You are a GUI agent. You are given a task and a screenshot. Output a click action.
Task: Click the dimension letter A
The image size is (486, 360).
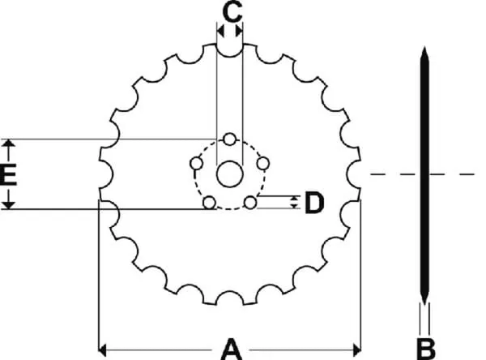point(231,349)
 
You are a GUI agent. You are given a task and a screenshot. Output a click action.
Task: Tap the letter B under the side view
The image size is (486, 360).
point(426,349)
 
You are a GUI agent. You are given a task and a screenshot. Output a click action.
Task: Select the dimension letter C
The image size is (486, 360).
point(232,12)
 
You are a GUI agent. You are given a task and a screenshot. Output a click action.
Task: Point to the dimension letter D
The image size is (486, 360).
point(314,203)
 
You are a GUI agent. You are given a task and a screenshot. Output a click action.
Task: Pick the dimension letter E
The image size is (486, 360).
point(8,175)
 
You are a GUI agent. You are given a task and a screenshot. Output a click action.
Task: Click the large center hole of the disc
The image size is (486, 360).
point(230,174)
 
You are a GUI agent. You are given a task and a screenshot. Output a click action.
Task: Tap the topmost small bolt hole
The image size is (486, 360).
point(230,139)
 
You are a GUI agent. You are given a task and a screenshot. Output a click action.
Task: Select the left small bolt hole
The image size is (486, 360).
point(196,163)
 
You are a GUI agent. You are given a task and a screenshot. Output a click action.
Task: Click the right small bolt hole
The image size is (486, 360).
point(263,163)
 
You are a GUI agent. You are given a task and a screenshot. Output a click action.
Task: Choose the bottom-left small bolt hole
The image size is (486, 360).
point(209,203)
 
